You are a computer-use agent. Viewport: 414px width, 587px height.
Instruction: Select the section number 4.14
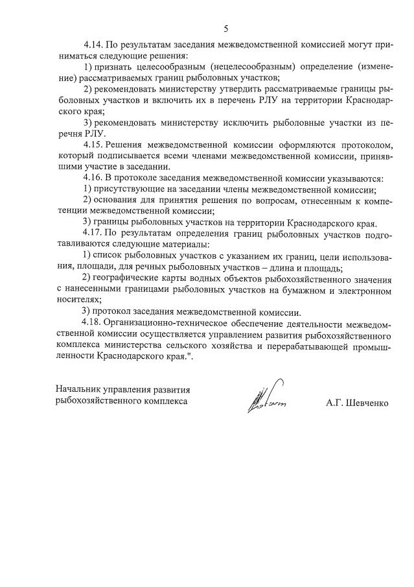pos(94,46)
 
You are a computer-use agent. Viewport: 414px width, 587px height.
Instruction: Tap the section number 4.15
pos(94,144)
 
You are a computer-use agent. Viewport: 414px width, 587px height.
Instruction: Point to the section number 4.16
pos(94,178)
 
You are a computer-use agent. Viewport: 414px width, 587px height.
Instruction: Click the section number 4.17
pos(94,232)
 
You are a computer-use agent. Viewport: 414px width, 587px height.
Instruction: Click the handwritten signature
pos(266,398)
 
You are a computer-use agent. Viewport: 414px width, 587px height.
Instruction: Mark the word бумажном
pos(294,289)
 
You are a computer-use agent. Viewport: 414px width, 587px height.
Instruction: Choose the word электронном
pos(365,289)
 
